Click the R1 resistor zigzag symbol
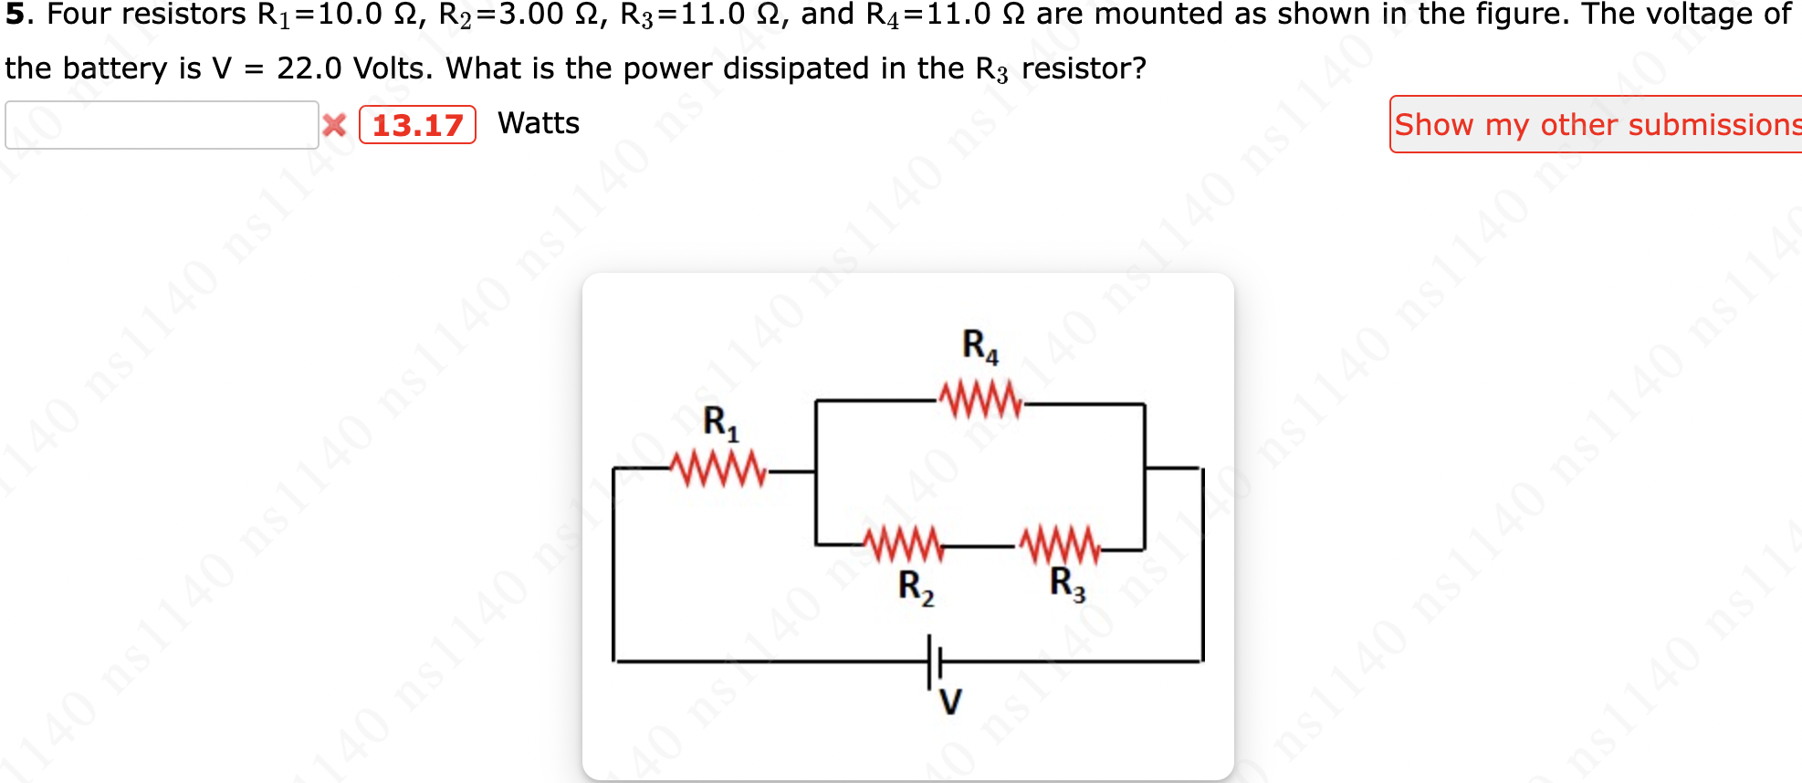[x=718, y=469]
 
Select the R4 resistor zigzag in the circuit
[x=980, y=400]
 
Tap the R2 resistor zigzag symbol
[x=904, y=545]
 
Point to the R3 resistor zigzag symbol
[x=1059, y=545]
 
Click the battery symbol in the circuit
[x=934, y=661]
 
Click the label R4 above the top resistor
[x=980, y=346]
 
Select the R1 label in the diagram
[x=720, y=423]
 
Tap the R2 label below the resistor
[x=916, y=587]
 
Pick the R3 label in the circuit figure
[x=1067, y=584]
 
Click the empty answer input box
[x=162, y=125]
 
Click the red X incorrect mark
[x=335, y=125]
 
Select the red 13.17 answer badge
[x=417, y=125]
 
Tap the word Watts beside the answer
[x=539, y=123]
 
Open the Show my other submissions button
[x=1596, y=124]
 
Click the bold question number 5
[x=15, y=15]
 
